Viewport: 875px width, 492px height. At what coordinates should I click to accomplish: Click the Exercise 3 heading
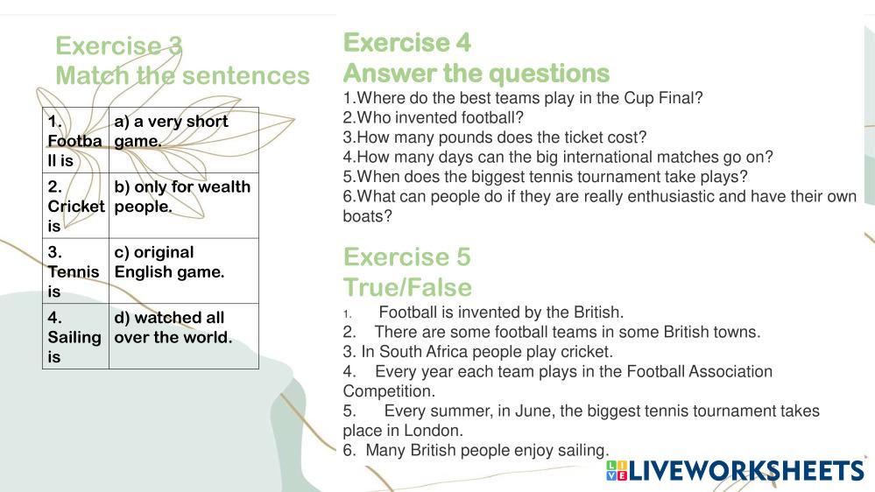pyautogui.click(x=119, y=46)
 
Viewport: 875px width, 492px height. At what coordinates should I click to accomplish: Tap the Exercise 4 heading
pyautogui.click(x=406, y=42)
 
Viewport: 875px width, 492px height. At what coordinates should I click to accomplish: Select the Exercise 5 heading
pyautogui.click(x=406, y=257)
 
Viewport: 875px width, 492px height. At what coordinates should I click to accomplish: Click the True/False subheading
pyautogui.click(x=407, y=287)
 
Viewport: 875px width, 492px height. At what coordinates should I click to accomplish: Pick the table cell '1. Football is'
pyautogui.click(x=75, y=140)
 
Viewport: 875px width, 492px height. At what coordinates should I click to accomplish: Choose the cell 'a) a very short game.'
pyautogui.click(x=184, y=140)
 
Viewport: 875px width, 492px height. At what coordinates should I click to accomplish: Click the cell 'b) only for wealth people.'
pyautogui.click(x=184, y=205)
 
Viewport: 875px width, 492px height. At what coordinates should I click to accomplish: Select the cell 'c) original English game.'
pyautogui.click(x=184, y=271)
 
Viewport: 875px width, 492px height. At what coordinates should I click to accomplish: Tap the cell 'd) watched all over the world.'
pyautogui.click(x=184, y=336)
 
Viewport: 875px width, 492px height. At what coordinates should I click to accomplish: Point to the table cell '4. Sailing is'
pyautogui.click(x=75, y=336)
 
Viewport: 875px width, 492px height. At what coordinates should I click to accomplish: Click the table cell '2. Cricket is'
pyautogui.click(x=75, y=205)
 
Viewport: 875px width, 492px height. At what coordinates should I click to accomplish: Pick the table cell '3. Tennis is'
pyautogui.click(x=75, y=271)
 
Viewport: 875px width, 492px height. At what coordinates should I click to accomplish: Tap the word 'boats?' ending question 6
pyautogui.click(x=367, y=216)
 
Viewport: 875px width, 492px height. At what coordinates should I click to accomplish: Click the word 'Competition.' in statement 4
pyautogui.click(x=389, y=391)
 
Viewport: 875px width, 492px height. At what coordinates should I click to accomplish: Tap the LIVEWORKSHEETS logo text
pyautogui.click(x=746, y=471)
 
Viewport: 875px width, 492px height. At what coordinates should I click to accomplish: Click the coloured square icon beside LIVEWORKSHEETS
pyautogui.click(x=617, y=471)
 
